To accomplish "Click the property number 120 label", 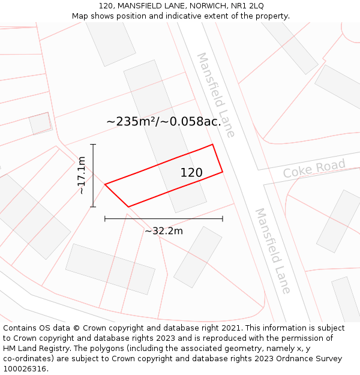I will tap(191, 173).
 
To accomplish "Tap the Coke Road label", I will tap(314, 168).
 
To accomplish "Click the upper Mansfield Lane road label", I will tap(216, 95).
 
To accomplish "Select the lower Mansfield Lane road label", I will tap(273, 251).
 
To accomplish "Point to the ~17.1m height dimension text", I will tap(82, 175).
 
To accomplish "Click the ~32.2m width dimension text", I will tap(164, 231).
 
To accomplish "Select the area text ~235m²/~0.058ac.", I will tap(164, 121).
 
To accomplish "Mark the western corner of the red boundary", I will tap(105, 184).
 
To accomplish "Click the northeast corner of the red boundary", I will tap(213, 145).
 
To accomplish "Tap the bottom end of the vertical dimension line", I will tap(93, 207).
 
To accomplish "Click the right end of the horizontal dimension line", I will tap(223, 219).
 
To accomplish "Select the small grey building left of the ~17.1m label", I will tap(40, 123).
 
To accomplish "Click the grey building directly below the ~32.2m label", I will tap(197, 257).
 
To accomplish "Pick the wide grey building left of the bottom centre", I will tap(110, 269).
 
